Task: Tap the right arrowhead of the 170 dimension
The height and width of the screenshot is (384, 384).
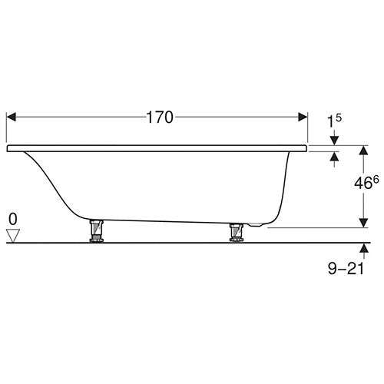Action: (302, 118)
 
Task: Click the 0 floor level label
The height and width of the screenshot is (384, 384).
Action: (12, 219)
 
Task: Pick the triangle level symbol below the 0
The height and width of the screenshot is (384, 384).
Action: (12, 235)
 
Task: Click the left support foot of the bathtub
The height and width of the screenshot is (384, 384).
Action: (95, 231)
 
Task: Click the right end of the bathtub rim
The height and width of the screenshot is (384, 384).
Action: (306, 145)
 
